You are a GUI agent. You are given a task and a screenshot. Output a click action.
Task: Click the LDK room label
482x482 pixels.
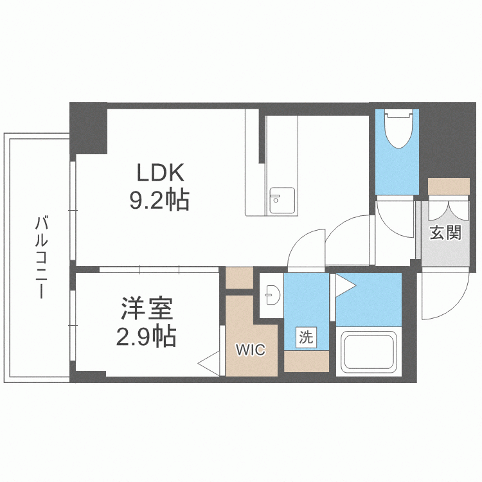tap(160, 174)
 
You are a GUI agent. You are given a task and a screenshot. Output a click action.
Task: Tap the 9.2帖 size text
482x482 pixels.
tap(160, 202)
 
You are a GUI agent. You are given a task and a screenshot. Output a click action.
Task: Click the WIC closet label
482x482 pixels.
tap(250, 350)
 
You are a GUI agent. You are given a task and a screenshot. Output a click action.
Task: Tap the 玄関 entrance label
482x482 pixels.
tap(445, 232)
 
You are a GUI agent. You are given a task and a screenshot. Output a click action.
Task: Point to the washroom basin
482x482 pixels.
tap(271, 295)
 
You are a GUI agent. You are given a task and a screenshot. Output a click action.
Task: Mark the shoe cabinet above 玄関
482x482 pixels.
tap(449, 186)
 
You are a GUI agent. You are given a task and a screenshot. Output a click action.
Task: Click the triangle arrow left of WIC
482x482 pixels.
tap(209, 363)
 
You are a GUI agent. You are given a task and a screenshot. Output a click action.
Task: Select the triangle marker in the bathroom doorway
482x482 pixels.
tap(344, 285)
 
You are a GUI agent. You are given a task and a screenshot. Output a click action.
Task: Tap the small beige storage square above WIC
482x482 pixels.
tap(239, 278)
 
